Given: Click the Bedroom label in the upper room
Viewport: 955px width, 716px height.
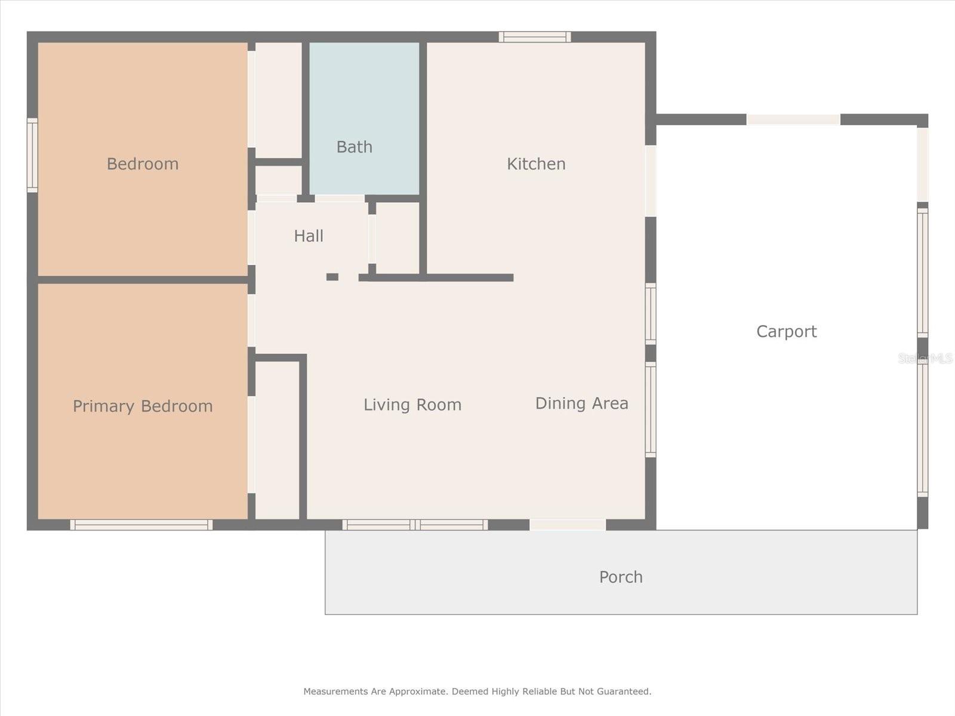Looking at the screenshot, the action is coord(143,164).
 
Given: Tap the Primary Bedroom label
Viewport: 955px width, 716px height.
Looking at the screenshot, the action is coord(143,406).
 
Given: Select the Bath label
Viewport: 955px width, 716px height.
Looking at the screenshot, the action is coord(355,147).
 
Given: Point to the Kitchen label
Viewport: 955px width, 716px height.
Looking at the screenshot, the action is coord(536,164).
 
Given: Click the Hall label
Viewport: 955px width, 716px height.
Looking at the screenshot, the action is coord(309,236).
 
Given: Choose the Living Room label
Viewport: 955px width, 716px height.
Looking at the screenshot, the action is coord(412,405).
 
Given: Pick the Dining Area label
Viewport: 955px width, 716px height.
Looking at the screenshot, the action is coord(582,403).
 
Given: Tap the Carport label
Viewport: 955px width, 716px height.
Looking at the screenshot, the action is coord(787,332).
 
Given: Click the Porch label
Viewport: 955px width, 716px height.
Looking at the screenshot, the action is coord(621,578).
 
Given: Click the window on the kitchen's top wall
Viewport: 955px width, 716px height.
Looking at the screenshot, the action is coord(535,37).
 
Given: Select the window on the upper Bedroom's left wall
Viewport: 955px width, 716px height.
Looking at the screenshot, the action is coord(33,155).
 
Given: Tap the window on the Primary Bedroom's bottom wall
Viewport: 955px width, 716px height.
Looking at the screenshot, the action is coord(141,524).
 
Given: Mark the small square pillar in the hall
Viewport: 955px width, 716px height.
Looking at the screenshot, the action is coord(332,277).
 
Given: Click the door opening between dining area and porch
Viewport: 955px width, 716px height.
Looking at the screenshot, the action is coord(568,524).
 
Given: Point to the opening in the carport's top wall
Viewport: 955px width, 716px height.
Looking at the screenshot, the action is coord(793,119).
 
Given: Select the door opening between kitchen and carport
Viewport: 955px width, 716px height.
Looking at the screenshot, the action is coord(651,181).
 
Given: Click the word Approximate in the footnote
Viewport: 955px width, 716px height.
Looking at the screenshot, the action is coord(418,691).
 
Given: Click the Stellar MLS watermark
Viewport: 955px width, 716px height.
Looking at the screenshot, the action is coord(925,359).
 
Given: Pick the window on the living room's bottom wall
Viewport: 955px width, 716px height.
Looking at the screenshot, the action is coord(415,524).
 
